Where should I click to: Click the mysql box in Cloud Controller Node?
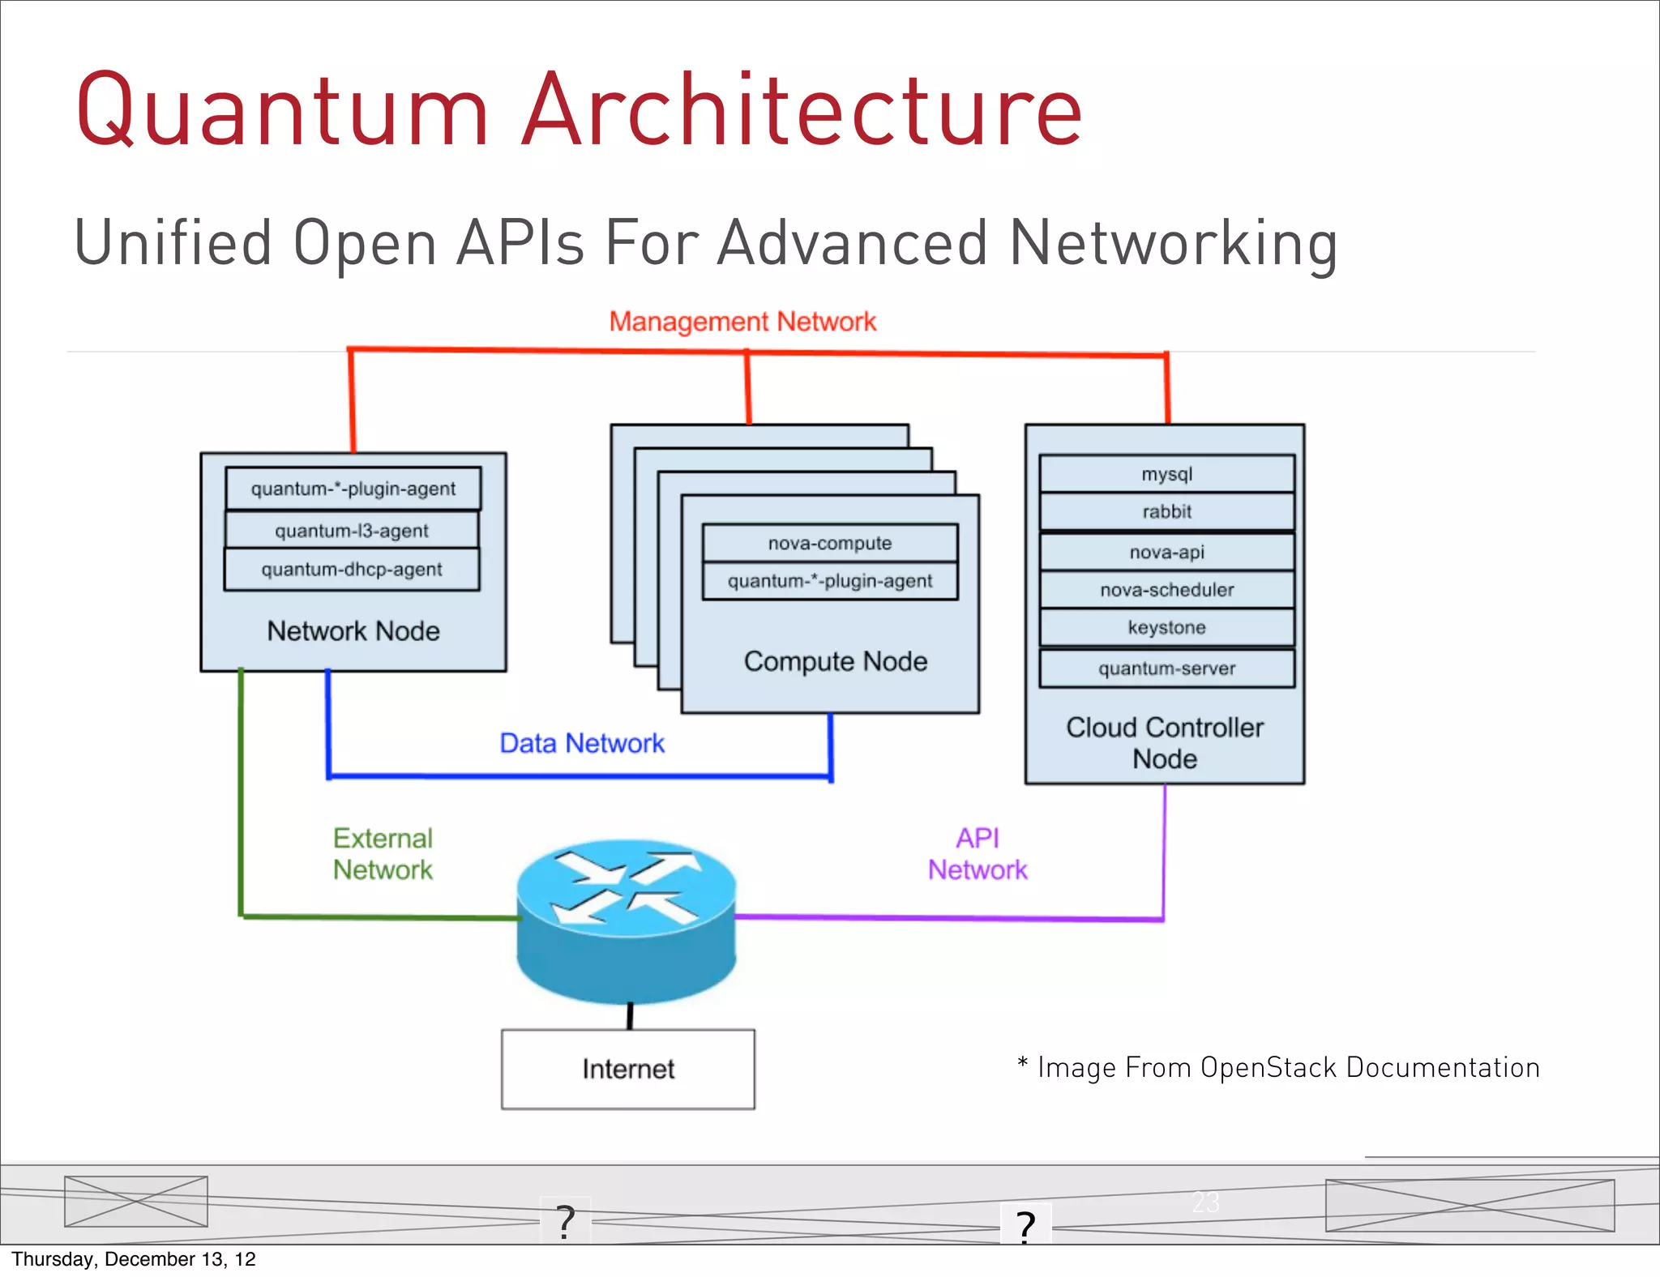pos(1166,474)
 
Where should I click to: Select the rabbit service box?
pos(1166,512)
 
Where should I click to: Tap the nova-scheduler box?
pos(1166,590)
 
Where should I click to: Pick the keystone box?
pos(1166,628)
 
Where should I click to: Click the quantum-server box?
pos(1166,668)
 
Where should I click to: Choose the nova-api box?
pos(1166,552)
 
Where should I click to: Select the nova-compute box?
pos(829,543)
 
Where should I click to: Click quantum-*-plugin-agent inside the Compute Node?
pos(829,581)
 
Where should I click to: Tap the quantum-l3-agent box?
pos(351,531)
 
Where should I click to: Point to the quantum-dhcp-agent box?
pos(351,570)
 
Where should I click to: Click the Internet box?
pos(627,1069)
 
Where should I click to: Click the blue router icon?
pos(627,920)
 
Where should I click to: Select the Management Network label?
pos(742,322)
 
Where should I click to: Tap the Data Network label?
pos(581,743)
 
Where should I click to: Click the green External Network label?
pos(383,854)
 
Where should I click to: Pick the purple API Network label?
pos(978,854)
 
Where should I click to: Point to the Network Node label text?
pos(353,631)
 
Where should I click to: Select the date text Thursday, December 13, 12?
pos(134,1259)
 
